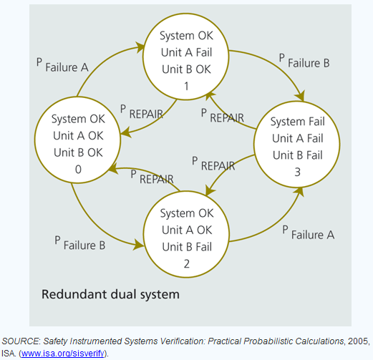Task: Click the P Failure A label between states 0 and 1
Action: tap(62, 65)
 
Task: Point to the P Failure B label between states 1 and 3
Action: tap(304, 61)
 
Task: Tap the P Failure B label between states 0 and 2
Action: tap(80, 243)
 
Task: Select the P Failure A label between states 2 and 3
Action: tap(309, 233)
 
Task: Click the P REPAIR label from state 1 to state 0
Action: tap(142, 112)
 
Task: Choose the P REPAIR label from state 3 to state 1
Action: tap(223, 115)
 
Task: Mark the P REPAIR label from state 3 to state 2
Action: tap(213, 164)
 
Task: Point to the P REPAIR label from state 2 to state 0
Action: tap(152, 177)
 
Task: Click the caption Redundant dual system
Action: tap(110, 294)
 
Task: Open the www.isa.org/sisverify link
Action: tap(63, 353)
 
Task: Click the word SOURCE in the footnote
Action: tap(20, 341)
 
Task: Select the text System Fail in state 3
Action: tap(297, 122)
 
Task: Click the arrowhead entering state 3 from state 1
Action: tap(301, 96)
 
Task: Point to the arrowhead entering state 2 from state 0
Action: tap(139, 244)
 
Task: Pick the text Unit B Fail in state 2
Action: tap(187, 247)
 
